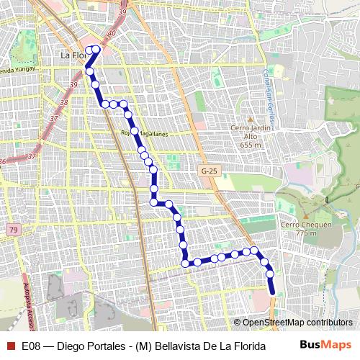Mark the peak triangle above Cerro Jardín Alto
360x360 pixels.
249,120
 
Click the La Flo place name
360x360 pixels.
73,54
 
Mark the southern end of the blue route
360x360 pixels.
273,292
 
